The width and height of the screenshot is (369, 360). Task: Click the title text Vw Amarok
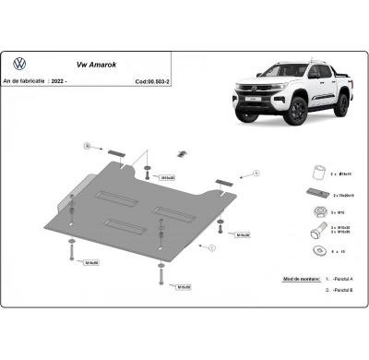(89, 66)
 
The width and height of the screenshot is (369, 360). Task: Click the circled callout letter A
(256, 173)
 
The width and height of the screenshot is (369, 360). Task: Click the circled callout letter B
(87, 145)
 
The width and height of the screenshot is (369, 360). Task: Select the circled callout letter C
(211, 247)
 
